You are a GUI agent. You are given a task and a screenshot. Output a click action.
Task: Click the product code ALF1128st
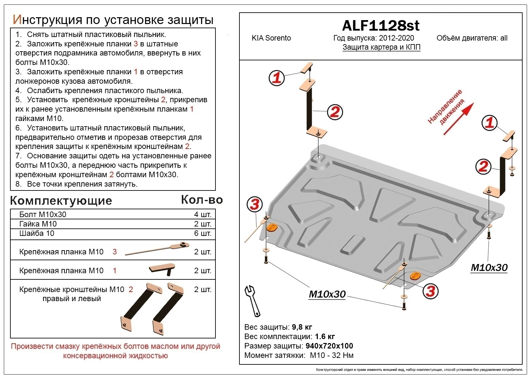(x=381, y=25)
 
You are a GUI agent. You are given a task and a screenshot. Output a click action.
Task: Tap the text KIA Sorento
(x=271, y=38)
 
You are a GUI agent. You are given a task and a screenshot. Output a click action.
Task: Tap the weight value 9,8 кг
(x=302, y=327)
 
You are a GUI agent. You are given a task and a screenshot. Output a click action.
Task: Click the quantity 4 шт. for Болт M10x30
(x=202, y=214)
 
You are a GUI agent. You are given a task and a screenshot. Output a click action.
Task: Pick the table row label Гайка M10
(x=38, y=224)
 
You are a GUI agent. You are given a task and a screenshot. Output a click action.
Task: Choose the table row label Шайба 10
(x=37, y=233)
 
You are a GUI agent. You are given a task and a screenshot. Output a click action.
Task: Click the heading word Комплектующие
(x=61, y=201)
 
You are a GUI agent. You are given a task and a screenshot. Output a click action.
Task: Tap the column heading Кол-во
(x=202, y=200)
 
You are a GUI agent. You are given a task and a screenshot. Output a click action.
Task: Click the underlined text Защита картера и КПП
(x=381, y=47)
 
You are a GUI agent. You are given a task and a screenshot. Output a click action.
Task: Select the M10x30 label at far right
(x=489, y=267)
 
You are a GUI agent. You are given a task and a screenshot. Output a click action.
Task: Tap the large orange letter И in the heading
(x=17, y=20)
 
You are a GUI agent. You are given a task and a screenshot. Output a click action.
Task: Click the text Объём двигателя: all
(x=472, y=38)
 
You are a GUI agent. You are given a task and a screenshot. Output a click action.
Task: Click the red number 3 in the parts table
(x=114, y=252)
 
